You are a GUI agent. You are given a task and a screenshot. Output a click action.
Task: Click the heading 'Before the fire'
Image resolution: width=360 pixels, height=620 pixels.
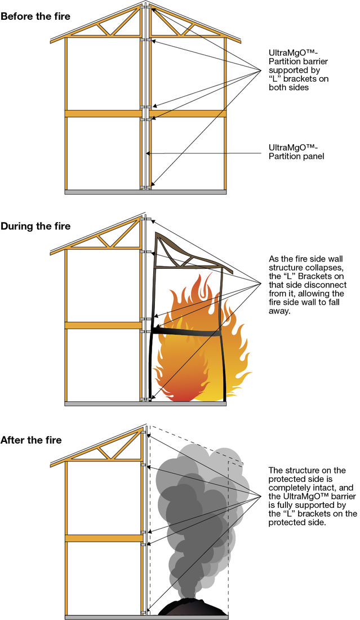pyautogui.click(x=35, y=16)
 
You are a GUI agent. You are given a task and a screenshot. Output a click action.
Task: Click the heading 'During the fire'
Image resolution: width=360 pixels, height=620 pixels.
pyautogui.click(x=35, y=226)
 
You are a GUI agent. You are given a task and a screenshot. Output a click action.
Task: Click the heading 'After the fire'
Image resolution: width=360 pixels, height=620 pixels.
pyautogui.click(x=31, y=440)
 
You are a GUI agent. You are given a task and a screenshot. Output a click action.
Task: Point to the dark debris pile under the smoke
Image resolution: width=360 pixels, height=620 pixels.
pyautogui.click(x=192, y=609)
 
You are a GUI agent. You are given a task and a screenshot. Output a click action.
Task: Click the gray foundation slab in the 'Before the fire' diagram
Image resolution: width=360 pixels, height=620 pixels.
pyautogui.click(x=145, y=192)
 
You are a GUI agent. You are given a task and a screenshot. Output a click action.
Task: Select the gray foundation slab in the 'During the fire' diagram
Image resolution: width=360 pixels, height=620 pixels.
pyautogui.click(x=145, y=404)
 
